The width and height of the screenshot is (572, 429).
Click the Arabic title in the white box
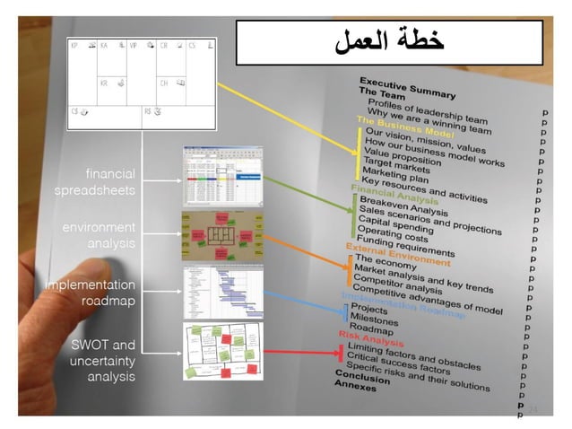pos(389,41)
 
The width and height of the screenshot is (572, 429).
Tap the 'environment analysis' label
pos(99,235)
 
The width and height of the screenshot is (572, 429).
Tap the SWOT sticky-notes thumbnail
pos(223,350)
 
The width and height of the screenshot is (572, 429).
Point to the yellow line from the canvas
pos(287,112)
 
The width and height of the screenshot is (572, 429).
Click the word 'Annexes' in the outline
pos(355,385)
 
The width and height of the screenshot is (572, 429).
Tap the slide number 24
pos(532,409)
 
